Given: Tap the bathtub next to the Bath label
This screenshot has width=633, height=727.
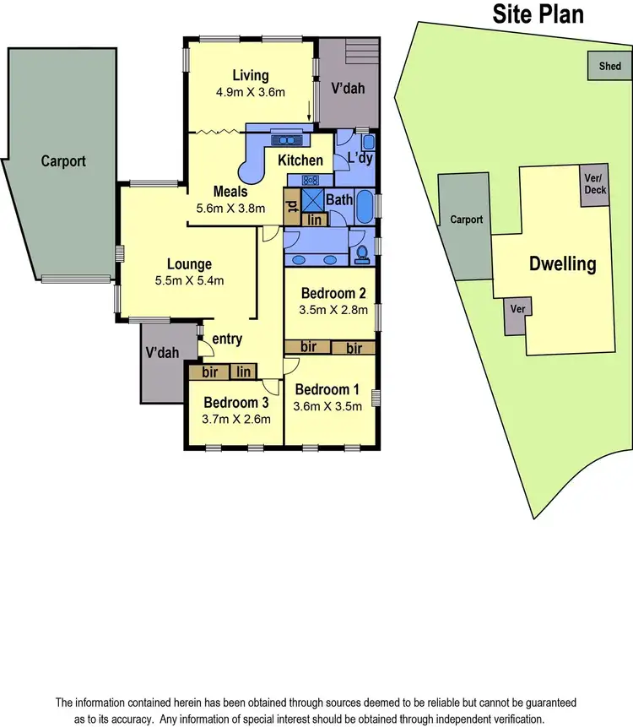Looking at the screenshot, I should point(366,205).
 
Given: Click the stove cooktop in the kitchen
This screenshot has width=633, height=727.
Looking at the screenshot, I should point(310,179).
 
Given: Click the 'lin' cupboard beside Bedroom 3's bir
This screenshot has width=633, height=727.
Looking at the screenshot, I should point(245,372).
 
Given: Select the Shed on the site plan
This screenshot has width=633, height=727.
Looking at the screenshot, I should point(609,66).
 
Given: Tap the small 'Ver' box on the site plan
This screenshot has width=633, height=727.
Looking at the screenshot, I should point(518,309).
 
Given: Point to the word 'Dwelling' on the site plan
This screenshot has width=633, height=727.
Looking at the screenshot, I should point(562,263).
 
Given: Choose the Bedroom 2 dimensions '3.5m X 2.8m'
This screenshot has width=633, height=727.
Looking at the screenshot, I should point(333,310).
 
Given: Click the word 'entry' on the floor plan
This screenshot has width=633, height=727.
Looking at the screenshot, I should point(227,339).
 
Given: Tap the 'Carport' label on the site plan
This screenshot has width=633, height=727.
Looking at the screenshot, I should point(466,220).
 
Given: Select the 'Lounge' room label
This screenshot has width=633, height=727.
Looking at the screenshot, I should point(189,264).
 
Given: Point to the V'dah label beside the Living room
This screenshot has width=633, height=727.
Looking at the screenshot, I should point(347,88).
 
